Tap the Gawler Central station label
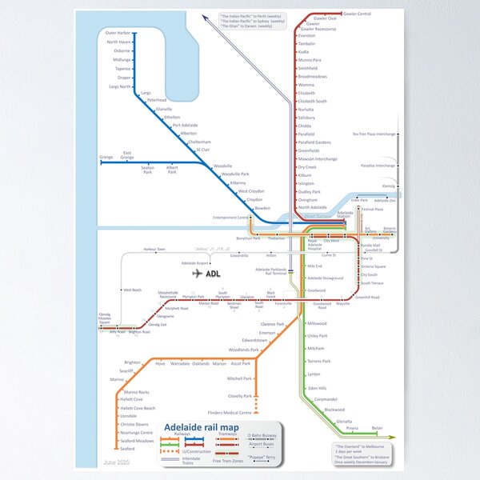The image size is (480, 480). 357,14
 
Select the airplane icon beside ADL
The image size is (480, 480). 197,274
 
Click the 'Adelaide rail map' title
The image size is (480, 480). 201,428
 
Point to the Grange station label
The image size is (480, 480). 106,157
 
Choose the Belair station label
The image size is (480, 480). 377,428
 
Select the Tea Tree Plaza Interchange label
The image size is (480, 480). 374,134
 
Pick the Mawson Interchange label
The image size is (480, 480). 318,158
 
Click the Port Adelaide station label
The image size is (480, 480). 185,126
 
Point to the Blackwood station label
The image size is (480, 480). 334,410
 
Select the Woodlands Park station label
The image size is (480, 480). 243,350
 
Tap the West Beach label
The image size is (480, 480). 131,290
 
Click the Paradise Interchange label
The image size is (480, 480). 378,166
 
